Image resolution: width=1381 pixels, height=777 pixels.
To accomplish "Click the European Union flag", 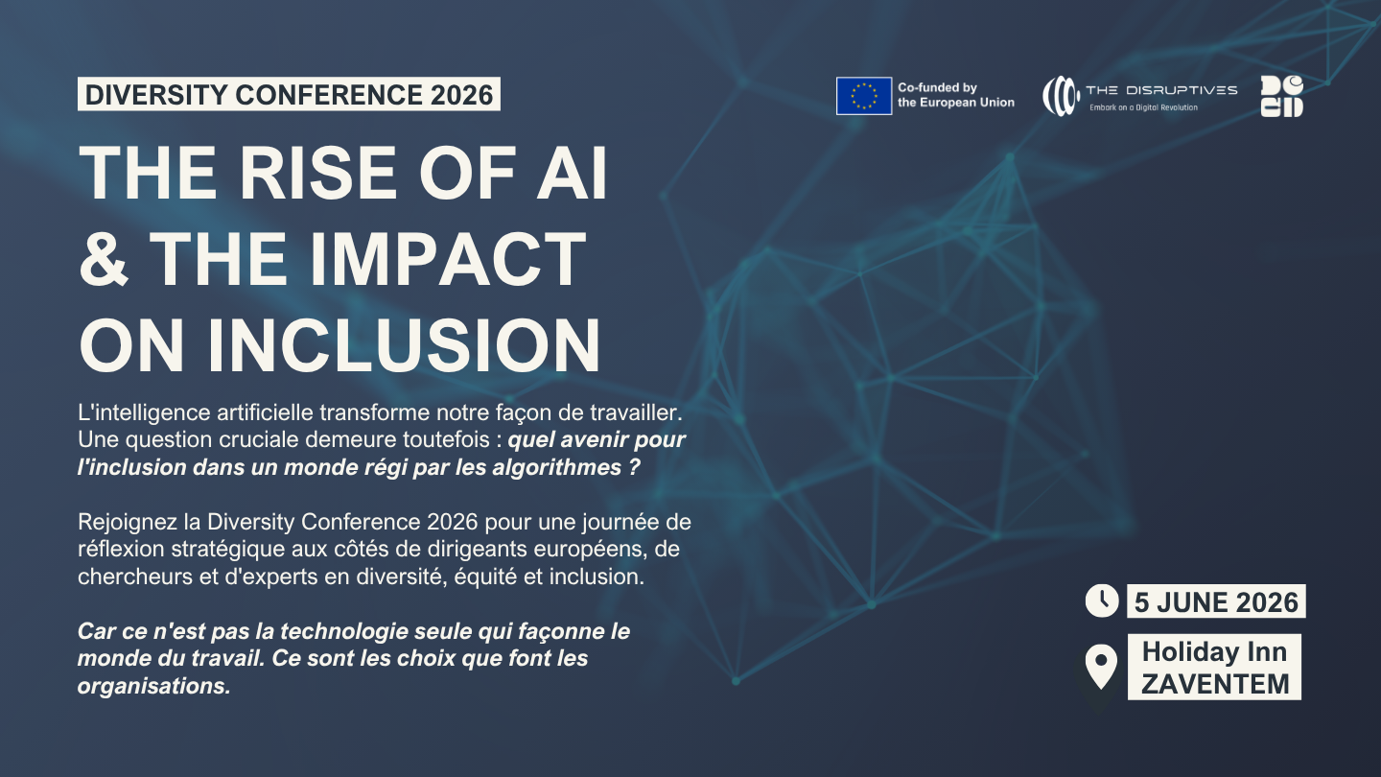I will (x=864, y=96).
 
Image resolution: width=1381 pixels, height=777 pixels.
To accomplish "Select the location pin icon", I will (x=1100, y=666).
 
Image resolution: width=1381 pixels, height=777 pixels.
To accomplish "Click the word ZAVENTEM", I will (x=1215, y=684).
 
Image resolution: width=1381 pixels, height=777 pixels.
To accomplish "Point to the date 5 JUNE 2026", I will (x=1216, y=601).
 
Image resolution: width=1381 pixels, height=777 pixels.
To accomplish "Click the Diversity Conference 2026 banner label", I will (x=289, y=94).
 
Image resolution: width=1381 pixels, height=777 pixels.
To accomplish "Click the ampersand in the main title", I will (x=105, y=259).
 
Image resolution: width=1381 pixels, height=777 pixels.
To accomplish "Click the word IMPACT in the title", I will (x=447, y=259).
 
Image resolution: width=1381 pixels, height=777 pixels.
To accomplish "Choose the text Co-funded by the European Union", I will (x=955, y=95).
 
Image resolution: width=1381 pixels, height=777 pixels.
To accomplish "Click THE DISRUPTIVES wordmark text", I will (x=1160, y=90).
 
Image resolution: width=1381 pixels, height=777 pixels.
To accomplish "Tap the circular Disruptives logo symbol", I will (x=1061, y=96).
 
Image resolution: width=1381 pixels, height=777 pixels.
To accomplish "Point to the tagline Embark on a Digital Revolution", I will (x=1143, y=107).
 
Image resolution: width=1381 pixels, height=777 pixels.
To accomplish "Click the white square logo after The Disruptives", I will (x=1281, y=96).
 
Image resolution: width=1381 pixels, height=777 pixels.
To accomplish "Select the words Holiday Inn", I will (x=1215, y=651).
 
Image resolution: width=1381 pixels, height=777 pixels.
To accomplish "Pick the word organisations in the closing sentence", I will (x=152, y=687).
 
